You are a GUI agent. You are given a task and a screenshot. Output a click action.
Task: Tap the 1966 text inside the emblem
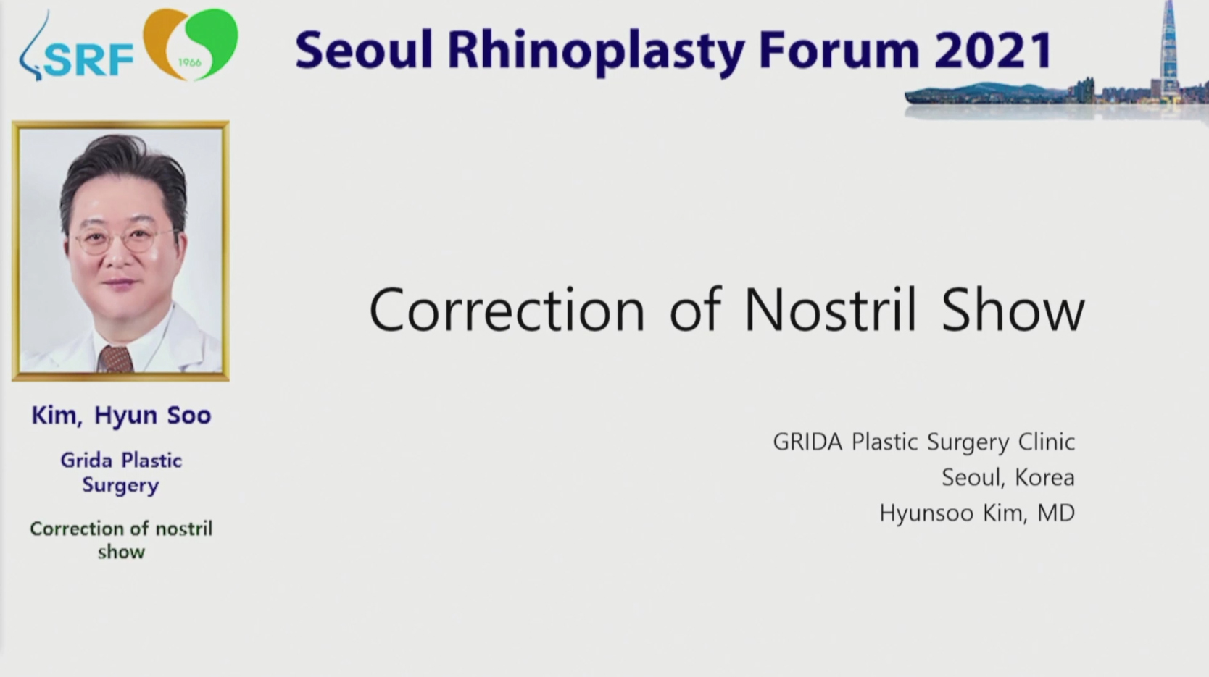pos(189,62)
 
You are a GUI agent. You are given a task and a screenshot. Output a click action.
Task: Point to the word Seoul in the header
pos(364,49)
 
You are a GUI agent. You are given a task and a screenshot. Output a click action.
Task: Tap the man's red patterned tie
pos(115,359)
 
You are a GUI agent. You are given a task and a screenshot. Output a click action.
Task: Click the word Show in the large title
pos(1013,310)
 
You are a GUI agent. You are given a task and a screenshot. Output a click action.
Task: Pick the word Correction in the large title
pos(507,310)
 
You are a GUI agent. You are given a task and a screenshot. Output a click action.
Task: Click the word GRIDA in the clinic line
pos(807,442)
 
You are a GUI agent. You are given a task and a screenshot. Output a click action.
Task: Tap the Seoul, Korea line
pos(1008,478)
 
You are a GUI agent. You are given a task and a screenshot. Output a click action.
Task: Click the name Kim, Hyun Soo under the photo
pos(122,416)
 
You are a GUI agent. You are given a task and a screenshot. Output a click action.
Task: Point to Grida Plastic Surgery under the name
pos(121,473)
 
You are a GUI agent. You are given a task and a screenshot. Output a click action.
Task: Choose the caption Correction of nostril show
pos(121,539)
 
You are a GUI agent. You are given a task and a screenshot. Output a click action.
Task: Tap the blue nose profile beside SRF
pos(33,48)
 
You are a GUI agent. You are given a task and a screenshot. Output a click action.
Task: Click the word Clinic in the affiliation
pos(1047,442)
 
